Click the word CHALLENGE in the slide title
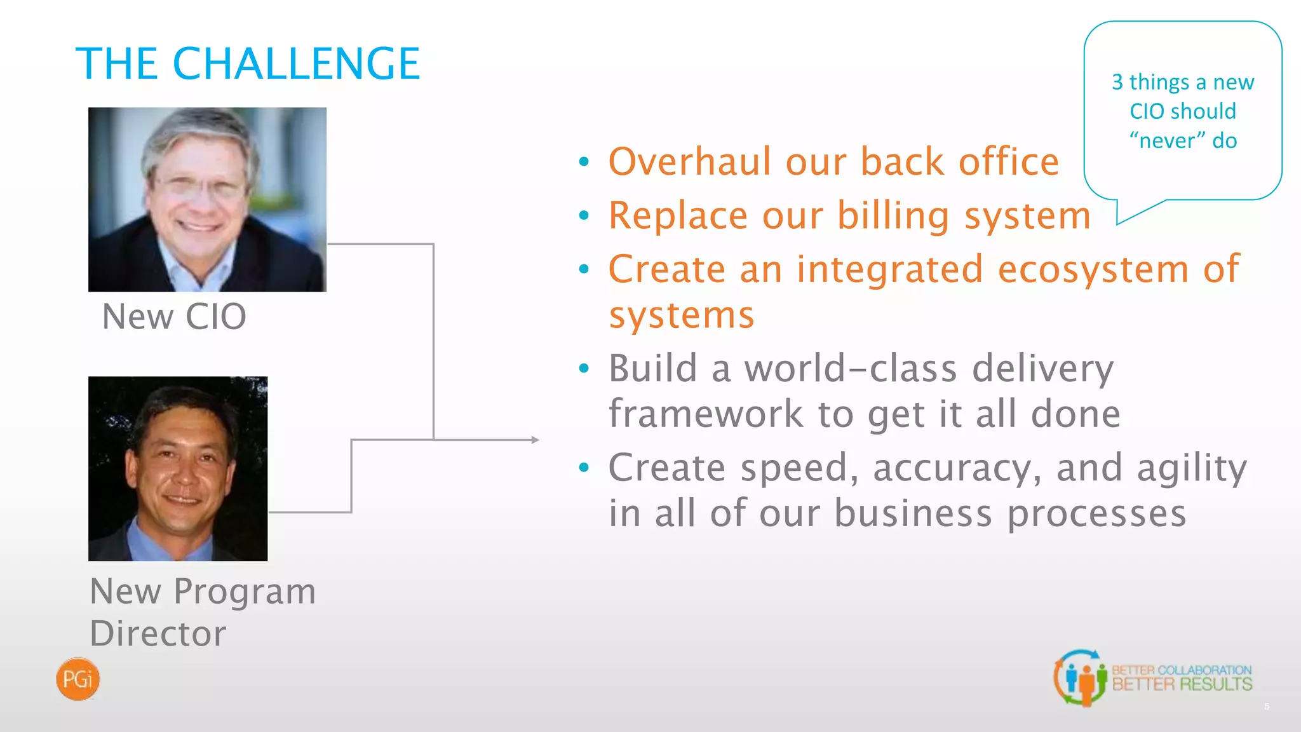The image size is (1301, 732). point(296,64)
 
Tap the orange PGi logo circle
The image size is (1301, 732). point(78,679)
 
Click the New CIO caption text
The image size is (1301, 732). point(174,316)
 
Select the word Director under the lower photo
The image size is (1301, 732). point(158,634)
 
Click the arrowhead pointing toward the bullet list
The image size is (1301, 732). point(535,440)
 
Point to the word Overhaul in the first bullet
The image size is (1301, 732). point(689,161)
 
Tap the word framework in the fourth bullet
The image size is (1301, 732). point(706,414)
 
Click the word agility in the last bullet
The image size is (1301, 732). point(1192,469)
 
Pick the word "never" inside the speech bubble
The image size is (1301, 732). point(1167,140)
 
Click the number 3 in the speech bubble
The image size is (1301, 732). point(1117,83)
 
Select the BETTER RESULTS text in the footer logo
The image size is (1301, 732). point(1182,685)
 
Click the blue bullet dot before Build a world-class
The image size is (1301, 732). point(584,369)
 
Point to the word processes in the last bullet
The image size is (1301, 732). point(1097,513)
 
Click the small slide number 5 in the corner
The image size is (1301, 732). point(1267,707)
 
